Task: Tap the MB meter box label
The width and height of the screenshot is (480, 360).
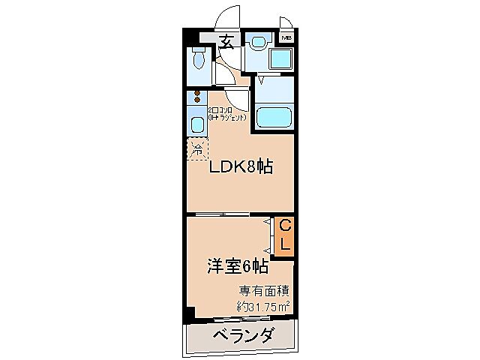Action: click(x=286, y=37)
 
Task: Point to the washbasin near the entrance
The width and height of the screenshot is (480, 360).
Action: click(x=257, y=43)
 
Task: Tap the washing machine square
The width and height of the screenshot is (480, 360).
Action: click(x=282, y=60)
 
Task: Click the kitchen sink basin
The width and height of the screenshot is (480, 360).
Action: click(x=196, y=124)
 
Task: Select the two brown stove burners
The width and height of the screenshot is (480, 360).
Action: click(x=197, y=96)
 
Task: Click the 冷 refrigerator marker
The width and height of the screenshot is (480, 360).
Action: click(x=197, y=148)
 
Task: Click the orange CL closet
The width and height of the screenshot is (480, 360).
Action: click(x=285, y=235)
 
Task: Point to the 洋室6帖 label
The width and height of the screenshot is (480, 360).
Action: click(x=237, y=265)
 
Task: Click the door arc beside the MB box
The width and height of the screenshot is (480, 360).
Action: click(x=286, y=22)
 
